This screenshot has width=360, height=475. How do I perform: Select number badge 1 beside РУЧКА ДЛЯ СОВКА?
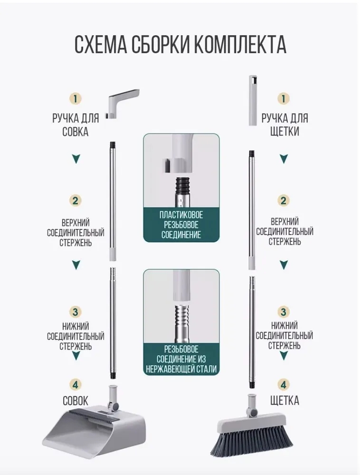tap(76, 98)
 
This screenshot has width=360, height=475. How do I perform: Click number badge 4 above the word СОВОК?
tap(76, 385)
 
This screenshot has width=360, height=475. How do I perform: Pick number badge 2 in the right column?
tap(284, 200)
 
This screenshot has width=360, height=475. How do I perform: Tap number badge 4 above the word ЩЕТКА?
tap(284, 385)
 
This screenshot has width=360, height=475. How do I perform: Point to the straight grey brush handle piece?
tap(254, 100)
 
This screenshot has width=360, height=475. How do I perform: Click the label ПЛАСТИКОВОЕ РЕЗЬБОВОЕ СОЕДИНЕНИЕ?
tap(181, 225)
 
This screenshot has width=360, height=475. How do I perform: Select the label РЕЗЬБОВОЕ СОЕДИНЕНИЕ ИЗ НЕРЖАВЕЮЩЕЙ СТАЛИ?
tap(181, 359)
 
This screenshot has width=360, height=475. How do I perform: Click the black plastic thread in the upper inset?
tap(181, 183)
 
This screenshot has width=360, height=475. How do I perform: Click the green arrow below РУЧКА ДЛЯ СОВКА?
tap(76, 159)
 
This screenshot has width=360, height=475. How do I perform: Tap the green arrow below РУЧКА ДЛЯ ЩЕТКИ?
tap(284, 159)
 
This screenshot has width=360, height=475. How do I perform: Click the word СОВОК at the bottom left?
tap(76, 401)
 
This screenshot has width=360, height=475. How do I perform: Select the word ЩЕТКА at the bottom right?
tap(284, 400)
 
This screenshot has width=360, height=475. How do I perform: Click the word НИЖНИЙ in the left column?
tap(76, 326)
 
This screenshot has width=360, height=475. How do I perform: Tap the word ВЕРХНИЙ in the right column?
tap(284, 221)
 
